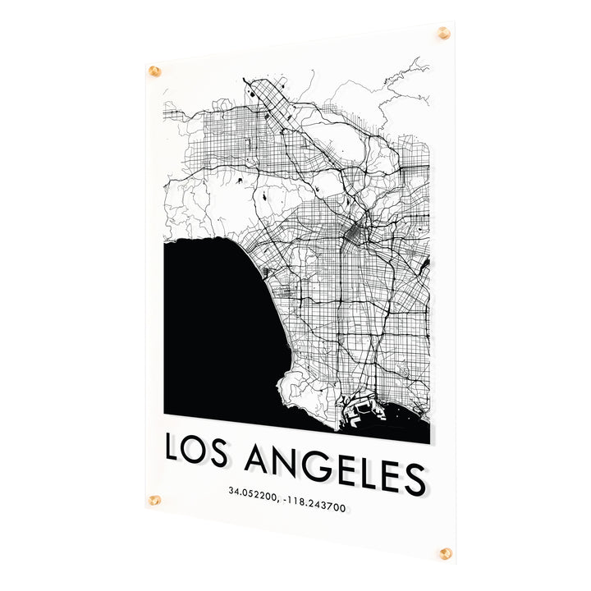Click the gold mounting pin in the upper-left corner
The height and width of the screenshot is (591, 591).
[154, 71]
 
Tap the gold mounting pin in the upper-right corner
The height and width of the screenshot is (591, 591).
[444, 33]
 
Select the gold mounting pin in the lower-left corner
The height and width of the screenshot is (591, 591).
[154, 500]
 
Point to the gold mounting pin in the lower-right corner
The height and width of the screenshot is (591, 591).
[445, 553]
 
